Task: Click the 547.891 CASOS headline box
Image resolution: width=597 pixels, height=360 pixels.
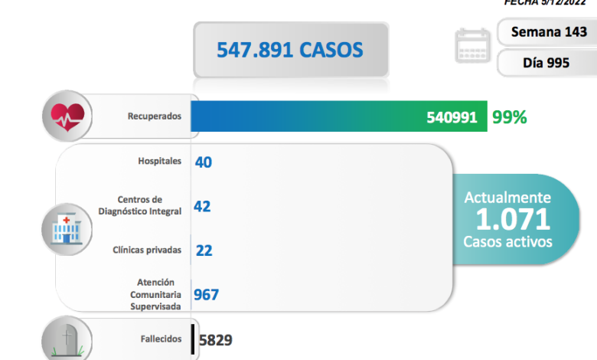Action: (290, 50)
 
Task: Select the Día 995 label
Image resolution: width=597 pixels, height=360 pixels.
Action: (546, 63)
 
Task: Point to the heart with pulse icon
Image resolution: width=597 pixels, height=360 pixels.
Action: (67, 117)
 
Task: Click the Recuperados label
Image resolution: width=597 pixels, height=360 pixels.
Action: (155, 116)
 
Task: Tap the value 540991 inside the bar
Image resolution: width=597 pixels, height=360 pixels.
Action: (452, 117)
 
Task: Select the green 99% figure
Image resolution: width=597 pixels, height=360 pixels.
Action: (510, 117)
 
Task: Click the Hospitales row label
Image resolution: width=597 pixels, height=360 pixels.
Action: (160, 161)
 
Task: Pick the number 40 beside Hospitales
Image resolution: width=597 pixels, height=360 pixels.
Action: (204, 162)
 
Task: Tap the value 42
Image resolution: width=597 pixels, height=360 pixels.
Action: (203, 206)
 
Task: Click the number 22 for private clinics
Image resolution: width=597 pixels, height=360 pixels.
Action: (204, 250)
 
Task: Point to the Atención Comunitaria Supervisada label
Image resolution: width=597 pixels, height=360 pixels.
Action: (155, 294)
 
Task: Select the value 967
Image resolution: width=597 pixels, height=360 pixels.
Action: (207, 295)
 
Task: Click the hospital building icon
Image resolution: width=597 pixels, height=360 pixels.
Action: (67, 227)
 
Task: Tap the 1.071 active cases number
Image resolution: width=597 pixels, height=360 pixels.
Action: (513, 219)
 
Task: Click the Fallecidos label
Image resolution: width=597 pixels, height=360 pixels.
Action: (161, 339)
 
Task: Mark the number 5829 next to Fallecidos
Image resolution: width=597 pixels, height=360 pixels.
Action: (215, 339)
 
